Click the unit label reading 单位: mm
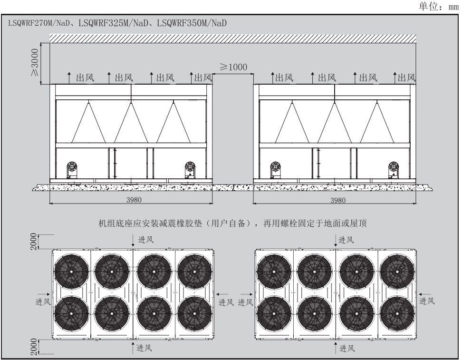[x=439, y=6]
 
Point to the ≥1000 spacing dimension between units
[x=233, y=67]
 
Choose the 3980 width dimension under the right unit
[x=337, y=201]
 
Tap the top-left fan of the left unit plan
[x=71, y=271]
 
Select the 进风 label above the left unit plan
[x=146, y=240]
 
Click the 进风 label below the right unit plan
[x=347, y=348]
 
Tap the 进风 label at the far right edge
[x=426, y=301]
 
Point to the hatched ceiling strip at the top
[x=233, y=39]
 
